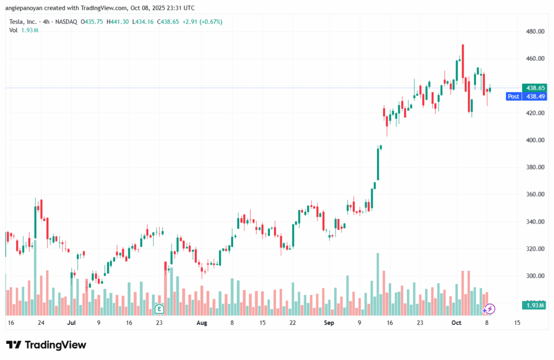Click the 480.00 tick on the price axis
[x=535, y=31]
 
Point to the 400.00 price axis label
[x=535, y=140]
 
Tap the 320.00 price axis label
[x=535, y=249]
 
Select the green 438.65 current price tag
[x=534, y=88]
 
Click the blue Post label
[x=513, y=96]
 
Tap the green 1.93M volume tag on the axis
[x=534, y=306]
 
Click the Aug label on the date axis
[x=202, y=323]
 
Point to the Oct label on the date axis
[x=456, y=323]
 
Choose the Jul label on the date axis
[x=71, y=323]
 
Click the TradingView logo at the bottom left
[x=46, y=345]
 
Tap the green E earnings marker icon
[x=159, y=309]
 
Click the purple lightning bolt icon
[x=489, y=309]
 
